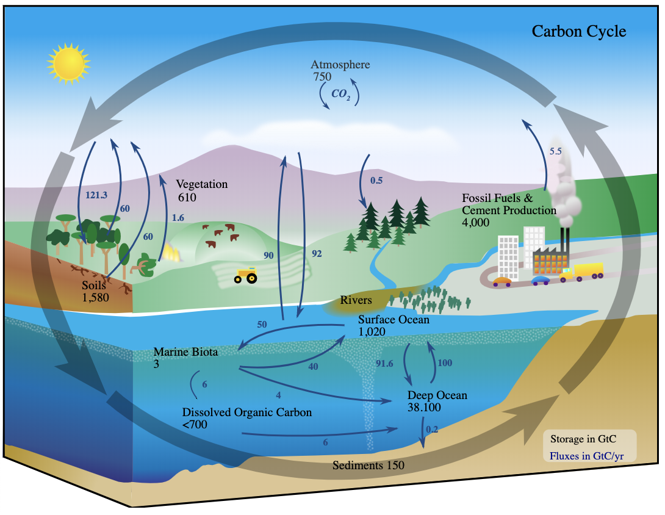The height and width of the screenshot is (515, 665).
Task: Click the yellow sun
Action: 68,62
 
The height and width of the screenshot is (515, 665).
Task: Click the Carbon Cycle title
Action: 578,31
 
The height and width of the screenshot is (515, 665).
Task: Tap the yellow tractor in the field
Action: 246,276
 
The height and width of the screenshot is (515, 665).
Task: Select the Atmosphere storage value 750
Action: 322,77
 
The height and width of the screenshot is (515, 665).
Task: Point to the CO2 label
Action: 340,94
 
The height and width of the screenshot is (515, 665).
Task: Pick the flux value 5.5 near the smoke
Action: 555,151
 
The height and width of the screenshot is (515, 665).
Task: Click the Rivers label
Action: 356,300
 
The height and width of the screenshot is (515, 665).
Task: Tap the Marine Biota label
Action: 185,352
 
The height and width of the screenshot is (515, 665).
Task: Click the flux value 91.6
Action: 385,364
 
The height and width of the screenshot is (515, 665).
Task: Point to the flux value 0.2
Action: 432,429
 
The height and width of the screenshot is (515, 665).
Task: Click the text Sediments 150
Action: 368,465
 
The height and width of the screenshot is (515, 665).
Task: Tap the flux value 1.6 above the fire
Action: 178,217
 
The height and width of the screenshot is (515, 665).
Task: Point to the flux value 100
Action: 445,363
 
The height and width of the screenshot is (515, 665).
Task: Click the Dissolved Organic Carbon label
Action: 247,412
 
